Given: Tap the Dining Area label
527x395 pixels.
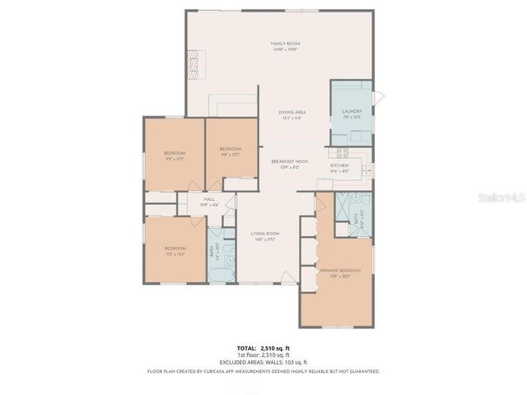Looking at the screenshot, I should point(292,112).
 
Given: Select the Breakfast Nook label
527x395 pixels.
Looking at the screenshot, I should point(290,161).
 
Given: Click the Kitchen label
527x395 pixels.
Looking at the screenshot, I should point(339,166).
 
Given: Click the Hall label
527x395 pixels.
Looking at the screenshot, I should point(209,199).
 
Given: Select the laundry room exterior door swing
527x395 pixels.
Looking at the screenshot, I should point(377,97).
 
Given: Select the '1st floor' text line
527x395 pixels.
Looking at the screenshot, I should point(263,355).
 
